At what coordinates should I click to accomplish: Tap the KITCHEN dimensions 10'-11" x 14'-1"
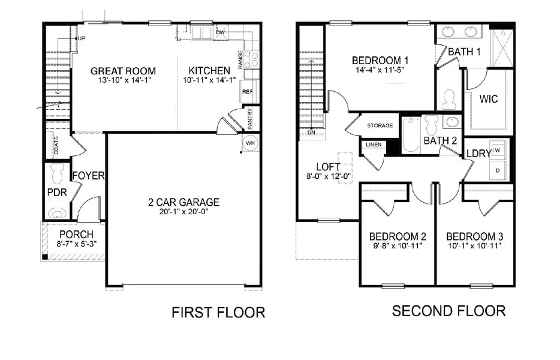[x=206, y=80]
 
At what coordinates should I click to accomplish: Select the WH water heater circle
[x=251, y=143]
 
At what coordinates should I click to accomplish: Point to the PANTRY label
[x=250, y=117]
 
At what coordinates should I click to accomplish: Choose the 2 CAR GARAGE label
[x=183, y=202]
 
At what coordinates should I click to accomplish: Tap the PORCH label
[x=76, y=233]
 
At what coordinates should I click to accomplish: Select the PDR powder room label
[x=56, y=193]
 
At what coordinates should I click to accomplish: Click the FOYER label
[x=89, y=176]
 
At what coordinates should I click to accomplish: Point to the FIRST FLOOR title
[x=218, y=313]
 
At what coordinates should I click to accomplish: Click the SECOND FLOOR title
[x=448, y=310]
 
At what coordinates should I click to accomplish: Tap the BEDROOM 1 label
[x=380, y=60]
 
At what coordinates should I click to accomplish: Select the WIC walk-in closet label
[x=489, y=98]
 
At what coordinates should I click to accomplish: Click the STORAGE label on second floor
[x=380, y=125]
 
